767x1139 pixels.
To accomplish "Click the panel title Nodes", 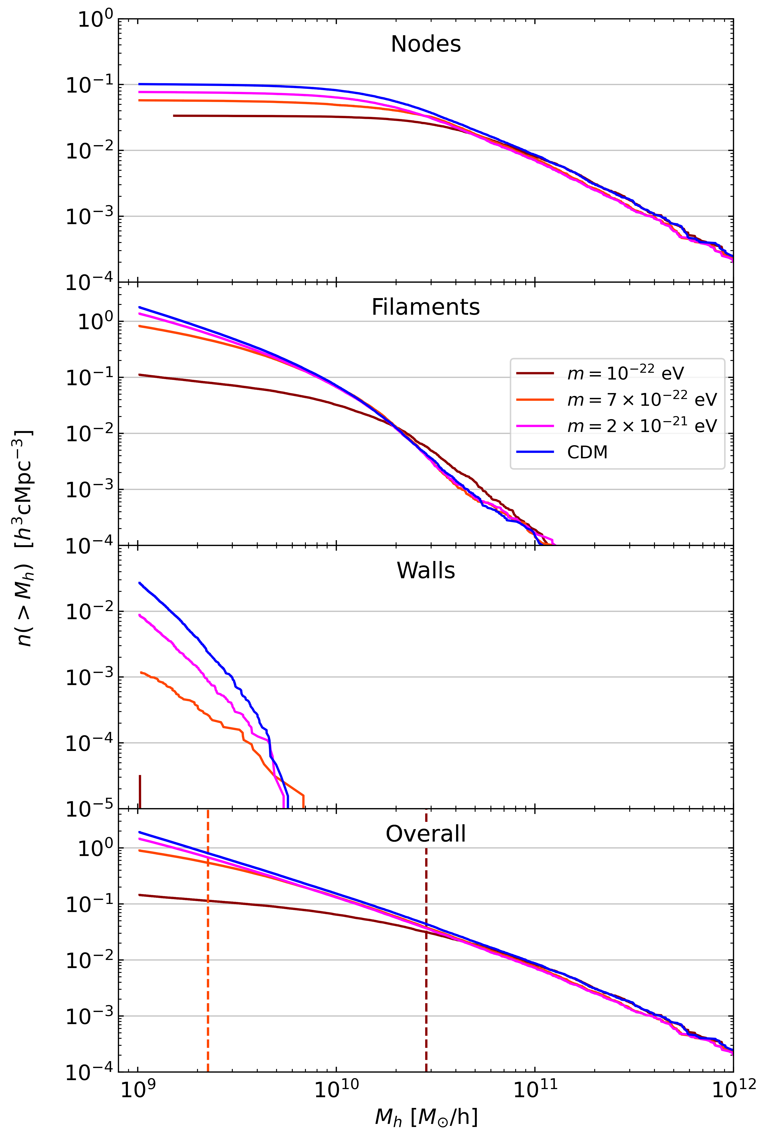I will click(426, 44).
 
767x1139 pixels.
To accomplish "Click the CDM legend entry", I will click(587, 452).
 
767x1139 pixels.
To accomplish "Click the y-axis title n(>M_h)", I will click(25, 538).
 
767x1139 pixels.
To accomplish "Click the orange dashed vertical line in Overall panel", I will click(208, 953).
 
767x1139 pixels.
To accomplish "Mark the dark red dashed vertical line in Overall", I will click(426, 953).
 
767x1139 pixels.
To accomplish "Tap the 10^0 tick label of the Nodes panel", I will click(95, 19).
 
